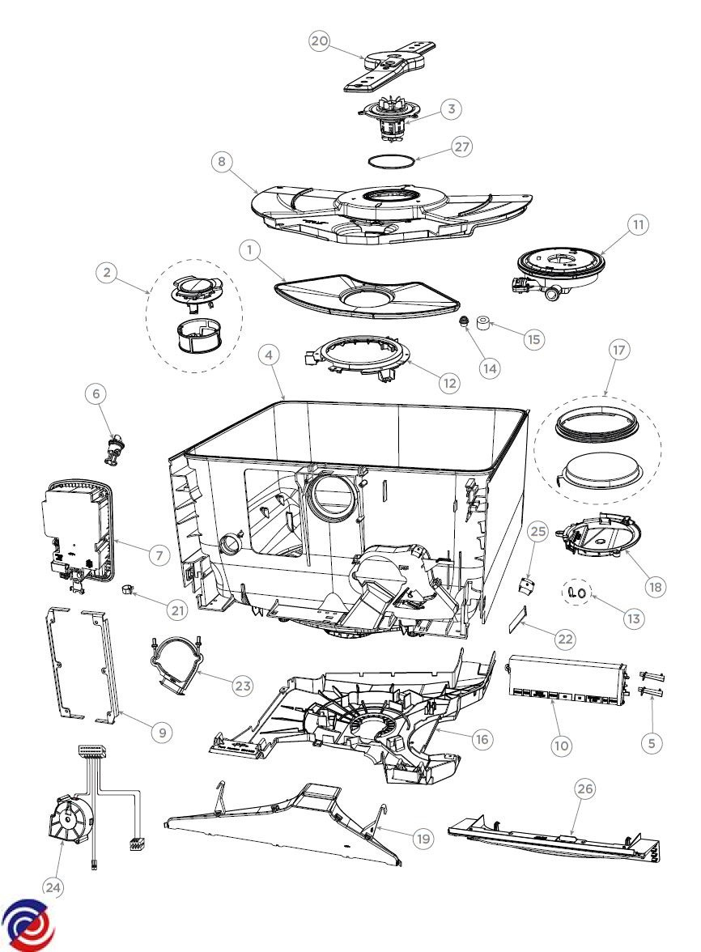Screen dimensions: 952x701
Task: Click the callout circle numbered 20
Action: (x=320, y=41)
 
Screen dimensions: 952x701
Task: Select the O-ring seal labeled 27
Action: (x=391, y=161)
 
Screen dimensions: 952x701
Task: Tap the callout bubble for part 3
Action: (x=451, y=109)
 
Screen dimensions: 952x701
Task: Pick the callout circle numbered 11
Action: (x=639, y=225)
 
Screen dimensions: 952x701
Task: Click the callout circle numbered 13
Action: (x=633, y=618)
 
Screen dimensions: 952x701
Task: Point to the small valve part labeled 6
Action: (x=115, y=448)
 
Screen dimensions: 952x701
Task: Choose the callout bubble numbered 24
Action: (x=53, y=887)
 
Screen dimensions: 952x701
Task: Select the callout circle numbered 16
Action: (x=482, y=738)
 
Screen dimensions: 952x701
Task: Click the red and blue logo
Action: (x=28, y=924)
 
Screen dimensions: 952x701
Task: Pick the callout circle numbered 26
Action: (x=584, y=788)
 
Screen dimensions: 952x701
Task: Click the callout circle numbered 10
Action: (x=561, y=744)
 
